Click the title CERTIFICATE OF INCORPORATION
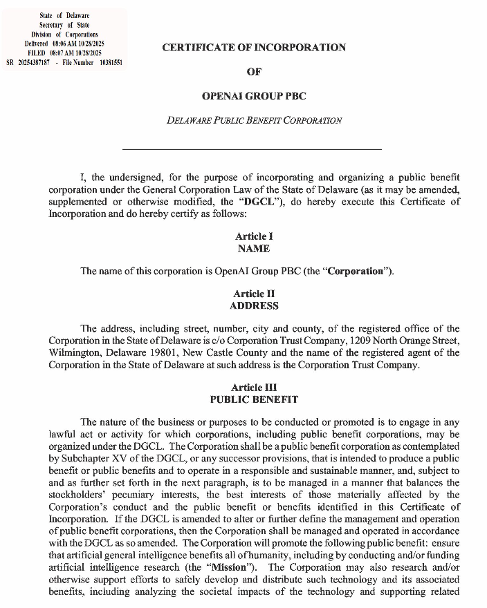(254, 48)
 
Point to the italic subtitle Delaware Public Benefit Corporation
(254, 120)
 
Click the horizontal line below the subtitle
(252, 149)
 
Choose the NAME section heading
(253, 249)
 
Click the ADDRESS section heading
(254, 305)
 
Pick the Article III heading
(254, 388)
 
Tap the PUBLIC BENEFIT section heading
(254, 399)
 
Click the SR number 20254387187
(33, 61)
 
